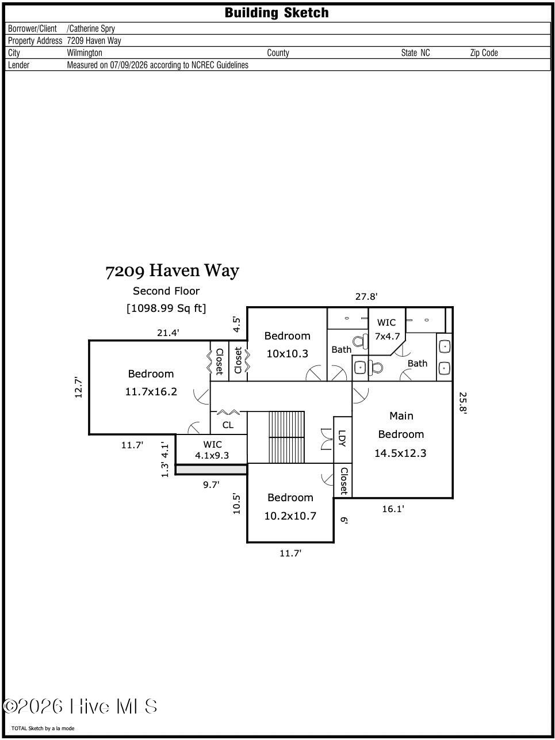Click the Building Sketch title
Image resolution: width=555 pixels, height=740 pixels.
point(276,13)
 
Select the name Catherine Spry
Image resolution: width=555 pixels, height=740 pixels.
point(91,29)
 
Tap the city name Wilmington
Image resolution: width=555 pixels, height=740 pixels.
point(85,53)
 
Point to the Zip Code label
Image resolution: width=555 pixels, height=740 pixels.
point(484,53)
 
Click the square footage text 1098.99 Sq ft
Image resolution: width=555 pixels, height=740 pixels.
point(166,308)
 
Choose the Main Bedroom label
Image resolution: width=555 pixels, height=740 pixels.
point(401,425)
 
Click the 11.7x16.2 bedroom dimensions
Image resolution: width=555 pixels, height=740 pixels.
point(151,392)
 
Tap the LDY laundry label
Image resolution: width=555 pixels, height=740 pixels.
point(342,438)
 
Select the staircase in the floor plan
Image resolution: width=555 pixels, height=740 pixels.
point(286,437)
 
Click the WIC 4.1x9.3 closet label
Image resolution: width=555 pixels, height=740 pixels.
point(212,450)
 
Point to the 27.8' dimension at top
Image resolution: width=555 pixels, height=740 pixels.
point(366,297)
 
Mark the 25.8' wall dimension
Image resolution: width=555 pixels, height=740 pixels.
point(463,403)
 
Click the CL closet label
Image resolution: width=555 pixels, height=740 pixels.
point(228,425)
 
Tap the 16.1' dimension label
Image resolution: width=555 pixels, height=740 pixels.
point(393,509)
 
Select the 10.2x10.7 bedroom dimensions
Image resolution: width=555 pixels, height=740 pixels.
point(290,516)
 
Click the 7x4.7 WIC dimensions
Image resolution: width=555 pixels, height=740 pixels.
point(387,337)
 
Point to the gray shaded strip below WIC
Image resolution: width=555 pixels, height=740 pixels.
point(211,470)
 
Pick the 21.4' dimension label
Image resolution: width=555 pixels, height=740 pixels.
point(168,333)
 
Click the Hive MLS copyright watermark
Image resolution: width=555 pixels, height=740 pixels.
point(80,706)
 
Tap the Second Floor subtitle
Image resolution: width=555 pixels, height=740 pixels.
point(166,291)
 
